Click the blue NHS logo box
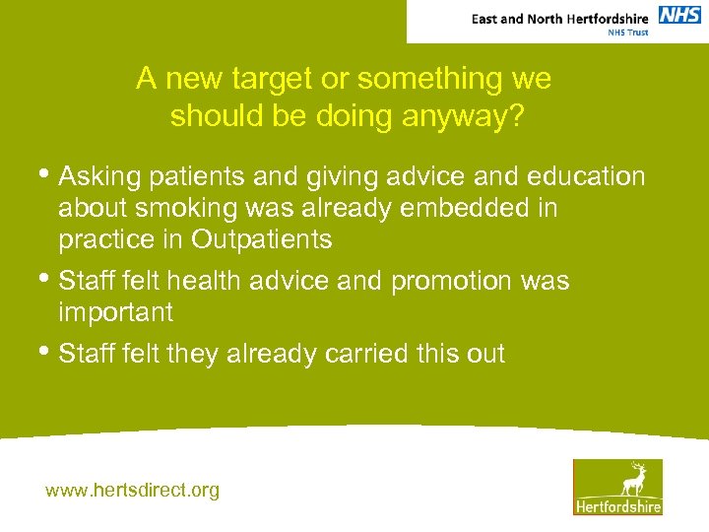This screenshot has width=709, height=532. [x=679, y=15]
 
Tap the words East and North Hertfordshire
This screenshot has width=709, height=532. [x=560, y=19]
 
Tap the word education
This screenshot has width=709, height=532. [x=587, y=176]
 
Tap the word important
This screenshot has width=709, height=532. [x=116, y=313]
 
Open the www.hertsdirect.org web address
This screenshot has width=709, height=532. [x=133, y=490]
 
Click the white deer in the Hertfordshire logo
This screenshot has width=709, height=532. [x=632, y=479]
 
